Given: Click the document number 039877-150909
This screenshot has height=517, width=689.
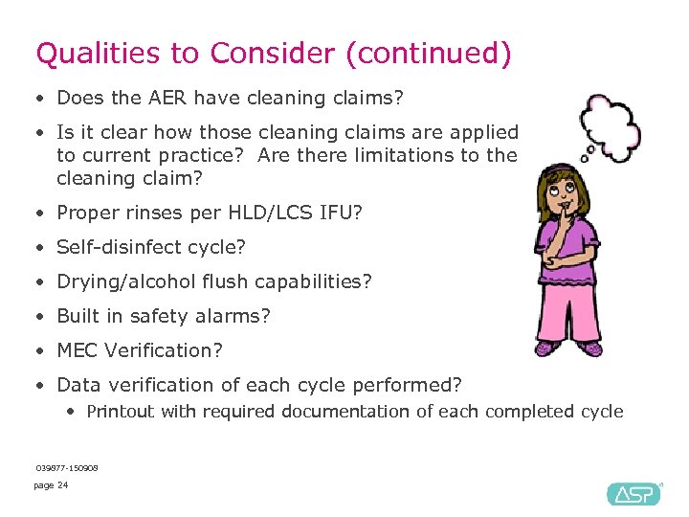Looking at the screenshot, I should coord(66,467).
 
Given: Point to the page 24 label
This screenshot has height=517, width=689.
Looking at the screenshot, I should coord(51,485).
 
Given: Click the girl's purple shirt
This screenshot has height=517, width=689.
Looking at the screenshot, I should coord(570,258).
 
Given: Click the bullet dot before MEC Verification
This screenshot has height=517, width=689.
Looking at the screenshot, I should coord(38,351).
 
